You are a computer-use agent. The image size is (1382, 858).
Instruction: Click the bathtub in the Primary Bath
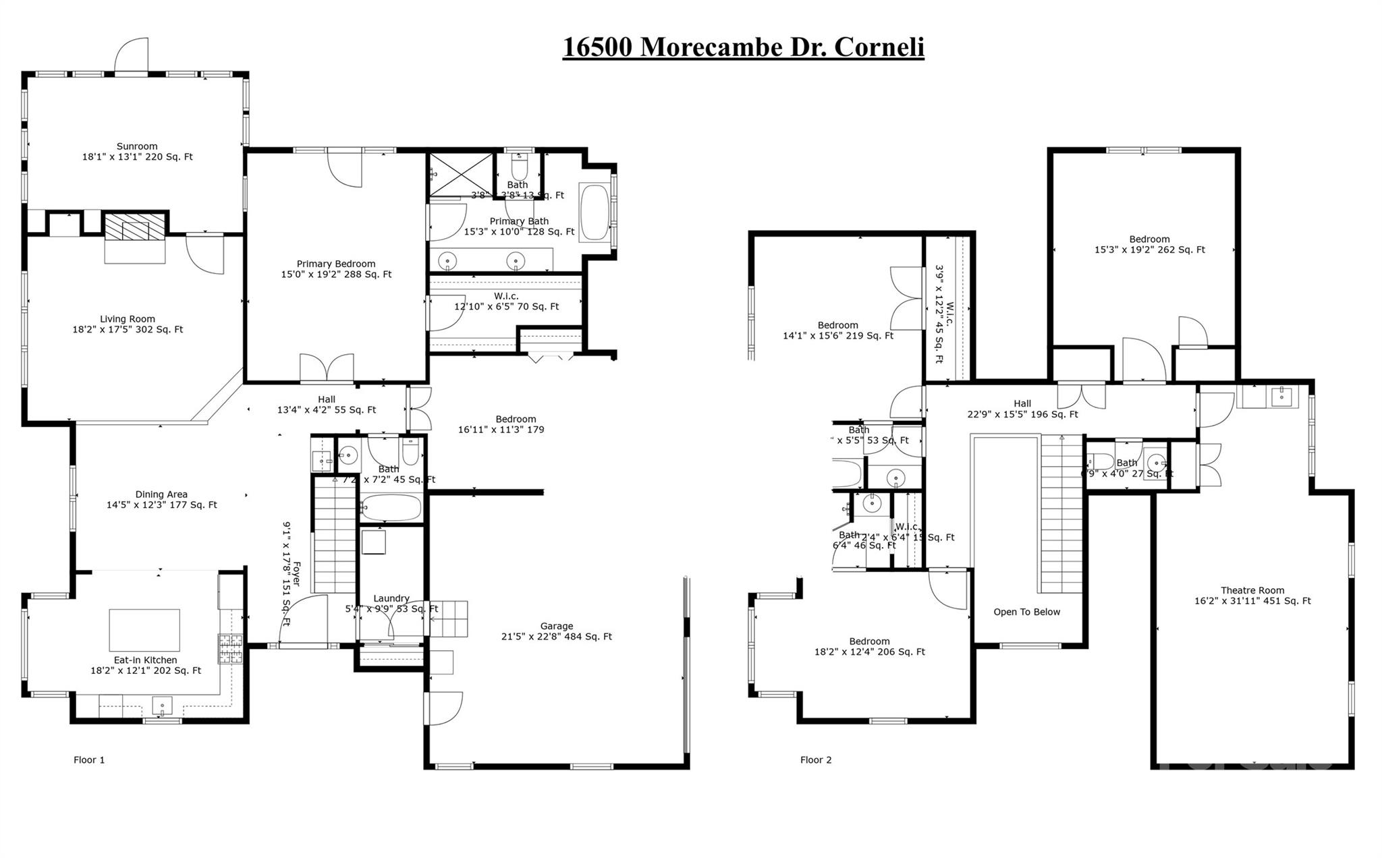tap(595, 212)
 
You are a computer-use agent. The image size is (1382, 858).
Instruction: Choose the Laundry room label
tap(391, 598)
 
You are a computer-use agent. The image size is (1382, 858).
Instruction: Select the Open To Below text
tap(1026, 612)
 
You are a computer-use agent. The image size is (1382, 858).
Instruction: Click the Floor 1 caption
tap(89, 760)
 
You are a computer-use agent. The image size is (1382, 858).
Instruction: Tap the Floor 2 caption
tap(816, 760)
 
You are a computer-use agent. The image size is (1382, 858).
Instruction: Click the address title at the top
tap(743, 47)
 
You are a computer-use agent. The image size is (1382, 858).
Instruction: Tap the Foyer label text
tap(295, 573)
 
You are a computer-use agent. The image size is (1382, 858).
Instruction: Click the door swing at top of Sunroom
tap(131, 55)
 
